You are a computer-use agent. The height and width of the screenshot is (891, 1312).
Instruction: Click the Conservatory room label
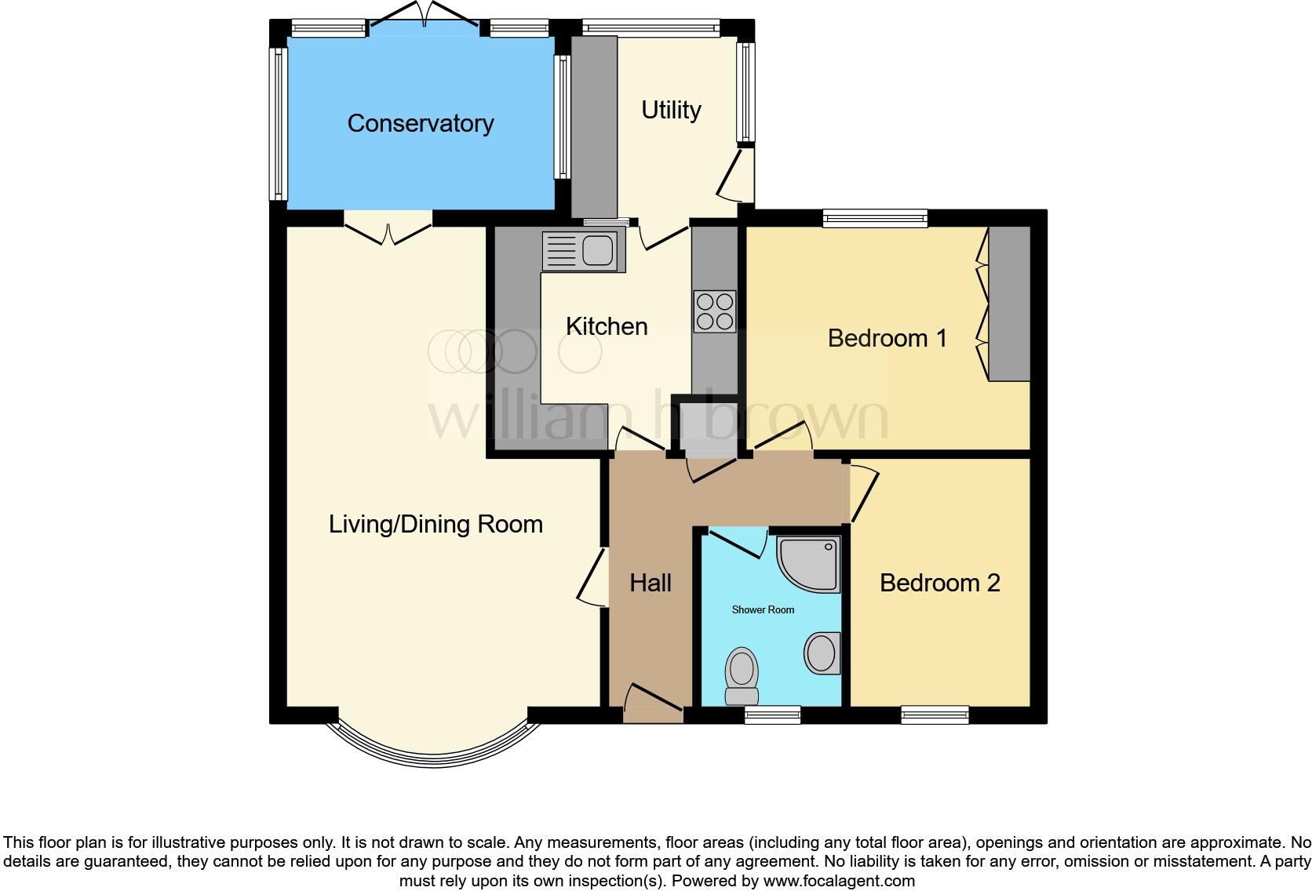click(421, 123)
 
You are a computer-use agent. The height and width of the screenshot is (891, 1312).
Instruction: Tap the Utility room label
click(671, 110)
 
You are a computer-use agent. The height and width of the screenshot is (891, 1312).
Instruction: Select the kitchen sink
click(584, 251)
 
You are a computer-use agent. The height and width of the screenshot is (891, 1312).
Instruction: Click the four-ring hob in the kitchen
click(714, 311)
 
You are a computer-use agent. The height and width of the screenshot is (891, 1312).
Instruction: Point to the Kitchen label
click(607, 326)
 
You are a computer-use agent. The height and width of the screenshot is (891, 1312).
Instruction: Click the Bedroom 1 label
click(887, 338)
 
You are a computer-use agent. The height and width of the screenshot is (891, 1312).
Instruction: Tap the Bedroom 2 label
click(939, 583)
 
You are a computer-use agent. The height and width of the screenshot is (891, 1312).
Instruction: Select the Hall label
click(651, 583)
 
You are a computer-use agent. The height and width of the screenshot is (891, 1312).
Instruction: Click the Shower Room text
click(763, 609)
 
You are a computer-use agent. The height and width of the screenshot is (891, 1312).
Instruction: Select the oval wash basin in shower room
click(822, 653)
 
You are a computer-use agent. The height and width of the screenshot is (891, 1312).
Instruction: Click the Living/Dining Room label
click(436, 524)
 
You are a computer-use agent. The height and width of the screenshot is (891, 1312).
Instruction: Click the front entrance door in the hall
click(653, 704)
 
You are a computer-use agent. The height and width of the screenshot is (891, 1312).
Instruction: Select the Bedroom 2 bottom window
click(935, 715)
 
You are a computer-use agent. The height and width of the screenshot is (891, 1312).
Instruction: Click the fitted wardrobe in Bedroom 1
click(1008, 304)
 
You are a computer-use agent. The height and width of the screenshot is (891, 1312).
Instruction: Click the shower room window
click(772, 715)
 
